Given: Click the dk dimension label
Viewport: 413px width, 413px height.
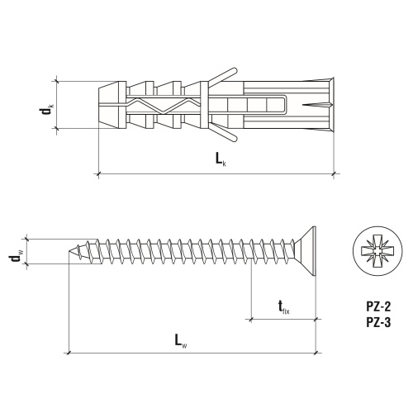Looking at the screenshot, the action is point(46,109).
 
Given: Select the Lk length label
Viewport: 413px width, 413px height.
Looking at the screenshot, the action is point(221,159).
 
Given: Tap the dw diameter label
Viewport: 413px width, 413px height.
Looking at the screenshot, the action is point(16,258).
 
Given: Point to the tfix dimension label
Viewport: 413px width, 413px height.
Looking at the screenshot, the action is point(284,307).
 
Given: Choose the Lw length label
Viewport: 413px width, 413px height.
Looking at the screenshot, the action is point(181,341).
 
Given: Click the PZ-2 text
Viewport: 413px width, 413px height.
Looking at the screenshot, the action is point(378,306).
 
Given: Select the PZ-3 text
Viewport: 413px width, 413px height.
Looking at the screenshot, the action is point(378,322).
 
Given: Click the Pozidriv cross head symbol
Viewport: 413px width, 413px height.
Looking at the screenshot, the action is point(377,251).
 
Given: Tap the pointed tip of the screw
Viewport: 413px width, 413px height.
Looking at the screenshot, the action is point(69,251).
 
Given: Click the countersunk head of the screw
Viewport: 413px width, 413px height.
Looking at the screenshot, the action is point(306,251).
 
